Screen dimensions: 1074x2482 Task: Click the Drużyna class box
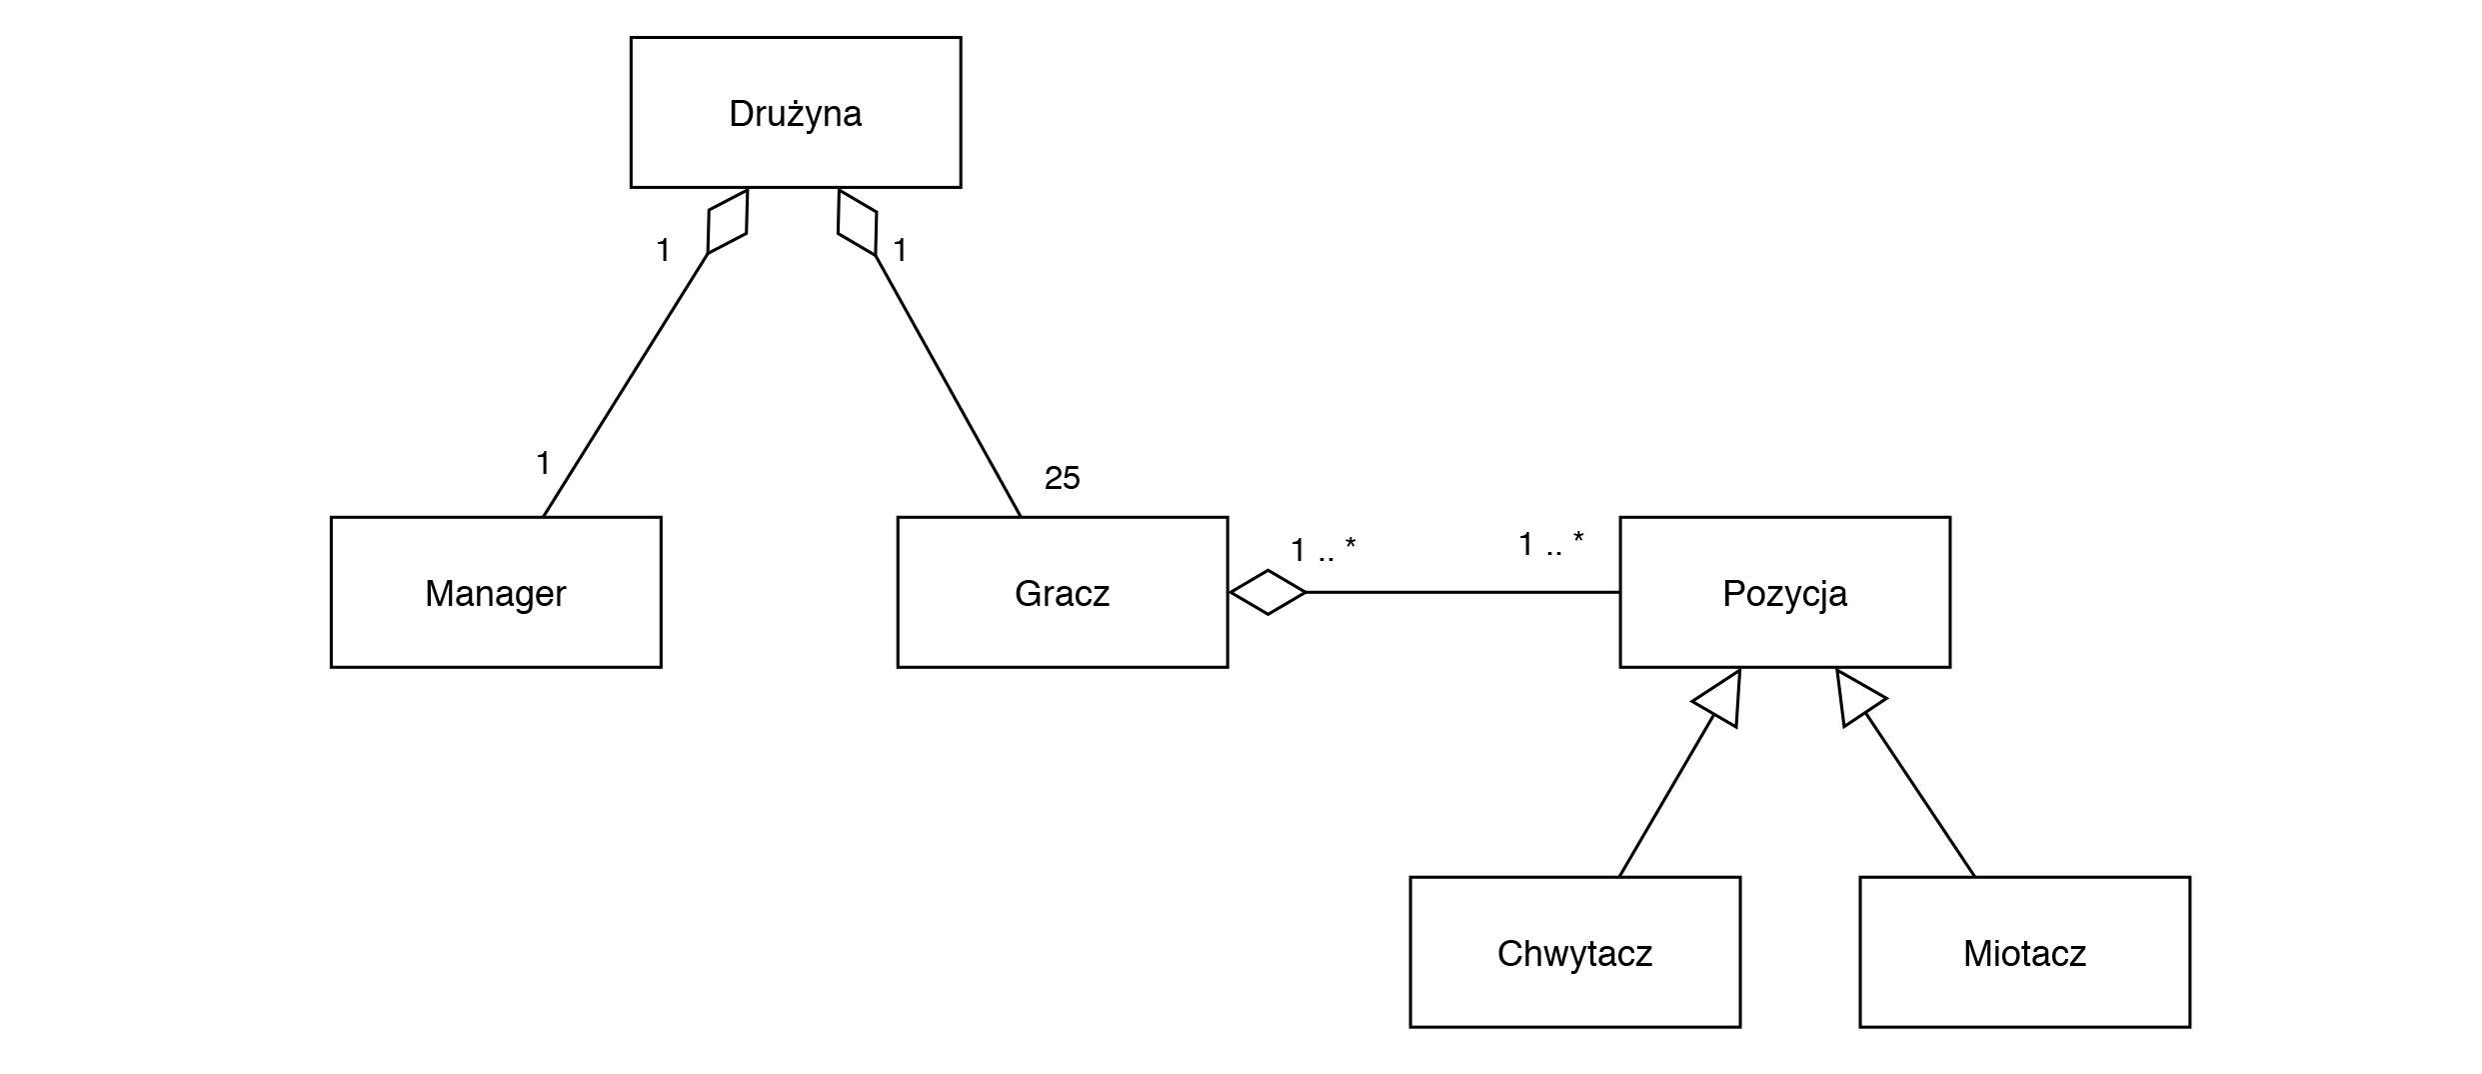pyautogui.click(x=795, y=112)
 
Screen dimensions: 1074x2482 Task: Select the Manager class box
pyautogui.click(x=495, y=592)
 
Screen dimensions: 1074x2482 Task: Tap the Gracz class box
pyautogui.click(x=1062, y=592)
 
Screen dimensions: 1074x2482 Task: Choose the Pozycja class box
pyautogui.click(x=1784, y=592)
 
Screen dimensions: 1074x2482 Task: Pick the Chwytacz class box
pyautogui.click(x=1574, y=952)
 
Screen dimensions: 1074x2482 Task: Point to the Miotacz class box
pyautogui.click(x=2024, y=952)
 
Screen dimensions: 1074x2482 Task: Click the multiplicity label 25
pyautogui.click(x=1062, y=479)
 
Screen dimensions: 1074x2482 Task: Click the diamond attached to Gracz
pyautogui.click(x=1267, y=592)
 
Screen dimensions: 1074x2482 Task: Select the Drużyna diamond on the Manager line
pyautogui.click(x=728, y=221)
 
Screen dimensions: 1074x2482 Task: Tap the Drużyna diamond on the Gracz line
pyautogui.click(x=857, y=221)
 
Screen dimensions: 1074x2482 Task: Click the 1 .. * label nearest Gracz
pyautogui.click(x=1322, y=550)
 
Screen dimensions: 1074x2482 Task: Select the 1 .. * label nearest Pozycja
pyautogui.click(x=1550, y=545)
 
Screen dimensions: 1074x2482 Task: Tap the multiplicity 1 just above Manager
pyautogui.click(x=543, y=463)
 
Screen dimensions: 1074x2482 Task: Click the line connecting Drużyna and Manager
pyautogui.click(x=625, y=385)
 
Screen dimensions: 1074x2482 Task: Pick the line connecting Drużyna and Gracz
pyautogui.click(x=948, y=385)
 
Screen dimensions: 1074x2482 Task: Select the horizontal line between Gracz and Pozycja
pyautogui.click(x=1461, y=592)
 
